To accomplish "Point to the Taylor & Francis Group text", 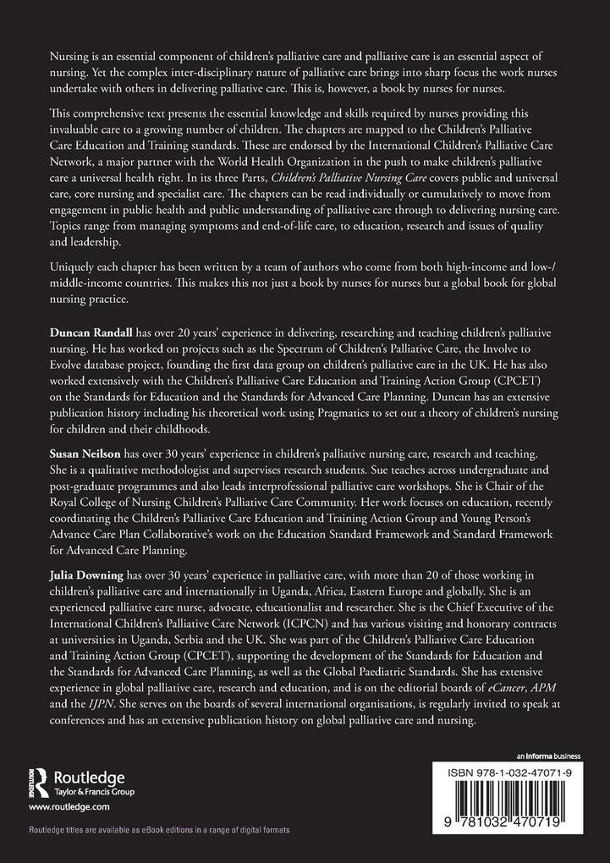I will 93,792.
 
